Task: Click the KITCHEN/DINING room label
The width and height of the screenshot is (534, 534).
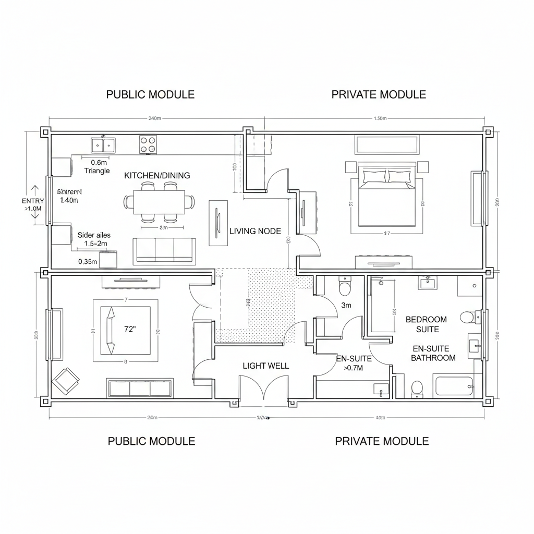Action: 157,176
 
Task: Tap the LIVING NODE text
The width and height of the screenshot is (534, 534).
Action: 256,231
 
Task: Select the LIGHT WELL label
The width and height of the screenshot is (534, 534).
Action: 266,366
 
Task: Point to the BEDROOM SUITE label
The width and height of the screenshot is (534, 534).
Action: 426,324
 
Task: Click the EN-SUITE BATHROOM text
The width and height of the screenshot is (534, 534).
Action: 433,353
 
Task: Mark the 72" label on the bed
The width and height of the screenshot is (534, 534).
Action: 130,329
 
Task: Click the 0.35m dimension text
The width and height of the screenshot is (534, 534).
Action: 88,262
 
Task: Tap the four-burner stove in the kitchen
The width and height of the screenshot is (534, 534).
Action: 148,144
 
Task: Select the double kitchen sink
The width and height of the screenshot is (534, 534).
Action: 103,145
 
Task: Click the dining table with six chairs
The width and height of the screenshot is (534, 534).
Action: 160,202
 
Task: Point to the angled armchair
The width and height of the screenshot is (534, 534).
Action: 66,381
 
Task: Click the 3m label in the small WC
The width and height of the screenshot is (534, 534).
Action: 346,306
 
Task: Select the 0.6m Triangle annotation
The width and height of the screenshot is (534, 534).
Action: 97,166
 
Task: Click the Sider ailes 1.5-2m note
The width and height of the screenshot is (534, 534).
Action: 94,239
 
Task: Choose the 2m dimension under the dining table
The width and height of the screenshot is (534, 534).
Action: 163,228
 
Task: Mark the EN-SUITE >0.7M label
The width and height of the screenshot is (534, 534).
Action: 354,363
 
